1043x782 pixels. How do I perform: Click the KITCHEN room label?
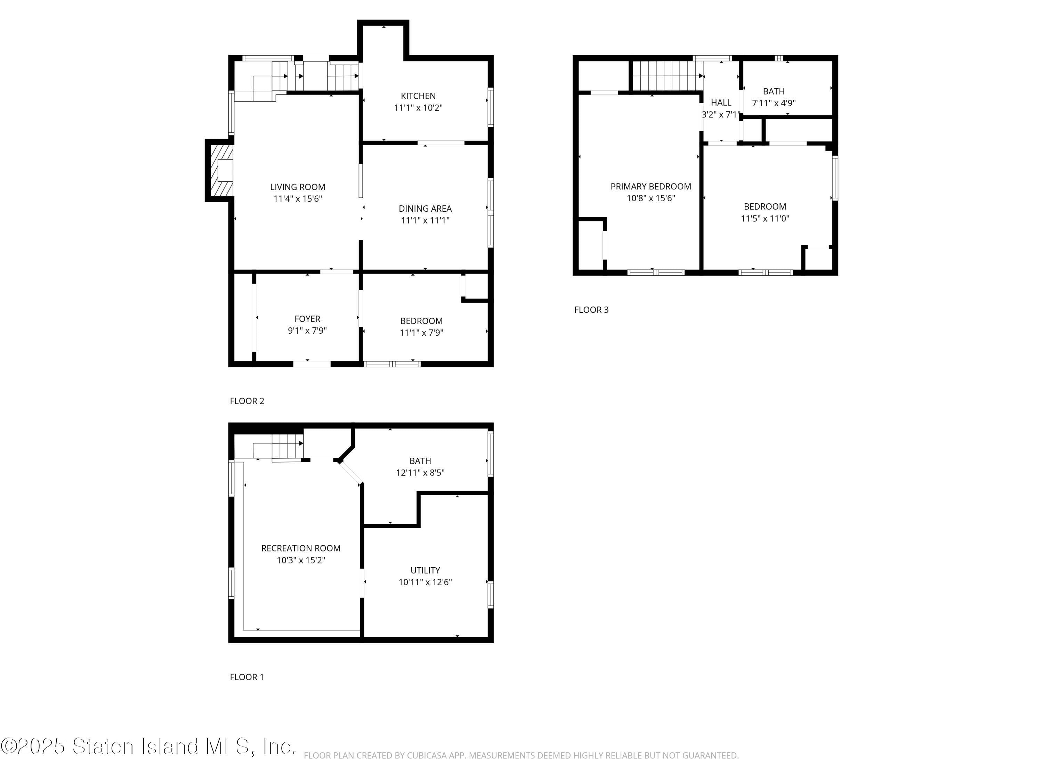(x=418, y=96)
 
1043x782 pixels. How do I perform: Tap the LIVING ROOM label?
(x=298, y=187)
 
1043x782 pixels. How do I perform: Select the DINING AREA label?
(x=425, y=208)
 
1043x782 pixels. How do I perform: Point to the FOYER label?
(x=307, y=319)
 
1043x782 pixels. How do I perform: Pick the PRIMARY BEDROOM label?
(x=651, y=187)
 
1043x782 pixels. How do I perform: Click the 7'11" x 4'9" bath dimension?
(x=774, y=103)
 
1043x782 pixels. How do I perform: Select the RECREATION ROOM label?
(x=301, y=548)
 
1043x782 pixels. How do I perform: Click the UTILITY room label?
(x=425, y=570)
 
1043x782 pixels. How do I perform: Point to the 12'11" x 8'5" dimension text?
(x=420, y=473)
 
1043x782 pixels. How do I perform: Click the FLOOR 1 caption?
(x=246, y=677)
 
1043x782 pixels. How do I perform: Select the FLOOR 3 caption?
(x=591, y=310)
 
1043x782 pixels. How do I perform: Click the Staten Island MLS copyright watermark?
(x=148, y=746)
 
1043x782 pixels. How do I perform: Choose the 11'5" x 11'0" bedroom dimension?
(x=765, y=218)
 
